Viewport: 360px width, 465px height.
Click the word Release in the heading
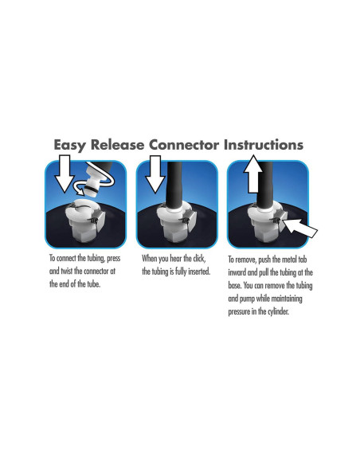click(117, 145)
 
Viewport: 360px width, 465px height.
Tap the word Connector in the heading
click(184, 145)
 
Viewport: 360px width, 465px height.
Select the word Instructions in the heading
click(264, 145)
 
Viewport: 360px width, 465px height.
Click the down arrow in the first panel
click(65, 174)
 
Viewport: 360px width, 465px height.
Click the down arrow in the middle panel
click(155, 174)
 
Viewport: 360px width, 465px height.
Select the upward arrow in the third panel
click(253, 174)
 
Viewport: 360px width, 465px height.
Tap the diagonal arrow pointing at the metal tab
click(299, 229)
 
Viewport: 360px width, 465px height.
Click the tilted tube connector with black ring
click(93, 181)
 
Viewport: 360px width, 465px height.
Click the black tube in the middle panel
click(174, 186)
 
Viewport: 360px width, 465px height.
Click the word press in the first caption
click(114, 258)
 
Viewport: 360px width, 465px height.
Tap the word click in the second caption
click(198, 259)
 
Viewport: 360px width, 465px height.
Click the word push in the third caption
click(264, 260)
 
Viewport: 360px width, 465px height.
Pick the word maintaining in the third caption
click(287, 299)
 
